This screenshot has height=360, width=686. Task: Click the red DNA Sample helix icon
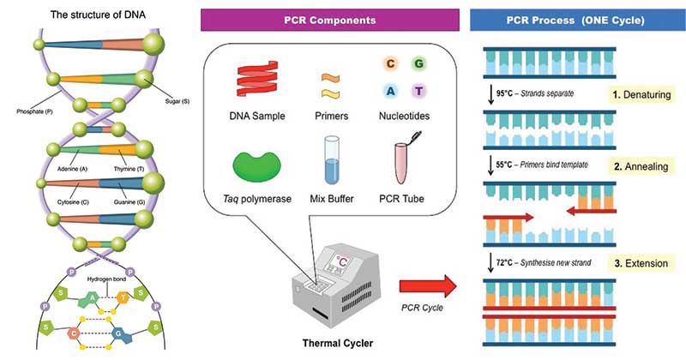[x=257, y=79]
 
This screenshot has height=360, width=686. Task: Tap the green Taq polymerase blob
[x=256, y=166]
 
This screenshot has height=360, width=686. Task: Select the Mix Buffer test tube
[x=332, y=160]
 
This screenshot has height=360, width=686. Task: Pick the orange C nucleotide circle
[x=390, y=64]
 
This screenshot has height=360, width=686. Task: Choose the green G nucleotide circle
[x=418, y=64]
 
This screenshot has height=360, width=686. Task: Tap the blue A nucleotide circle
[x=390, y=91]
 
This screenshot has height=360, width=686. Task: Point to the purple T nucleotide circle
[x=418, y=91]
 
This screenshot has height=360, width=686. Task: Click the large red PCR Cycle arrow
[x=428, y=286]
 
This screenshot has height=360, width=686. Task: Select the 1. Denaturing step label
[x=641, y=94]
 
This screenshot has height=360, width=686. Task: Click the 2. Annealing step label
[x=641, y=166]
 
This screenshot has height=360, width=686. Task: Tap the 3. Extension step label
[x=641, y=263]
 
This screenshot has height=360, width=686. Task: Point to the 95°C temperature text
[x=504, y=93]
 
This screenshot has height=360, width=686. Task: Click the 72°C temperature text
[x=504, y=262]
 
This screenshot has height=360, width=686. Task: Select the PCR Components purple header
[x=330, y=20]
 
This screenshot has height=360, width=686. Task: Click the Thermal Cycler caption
[x=338, y=343]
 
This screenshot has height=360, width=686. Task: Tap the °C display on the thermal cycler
[x=342, y=261]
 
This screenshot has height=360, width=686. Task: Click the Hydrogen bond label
[x=106, y=279]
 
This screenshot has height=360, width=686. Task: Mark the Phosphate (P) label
[x=34, y=111]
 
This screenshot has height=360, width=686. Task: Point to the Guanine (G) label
[x=129, y=202]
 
